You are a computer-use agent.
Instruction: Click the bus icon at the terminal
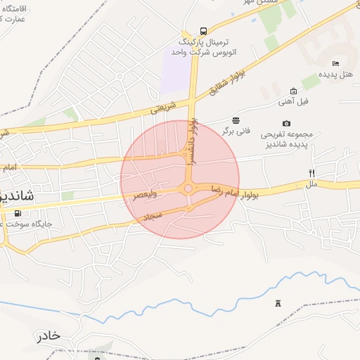pos(203,31)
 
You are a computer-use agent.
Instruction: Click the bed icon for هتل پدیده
pos(335,63)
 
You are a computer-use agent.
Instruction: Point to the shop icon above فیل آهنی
pos(293,91)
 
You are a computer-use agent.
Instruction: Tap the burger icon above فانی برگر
pos(235,119)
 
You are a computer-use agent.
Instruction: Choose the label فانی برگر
pos(236,130)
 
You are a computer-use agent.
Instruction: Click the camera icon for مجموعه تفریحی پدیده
pos(286,123)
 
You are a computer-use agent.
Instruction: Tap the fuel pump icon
pos(16,213)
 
